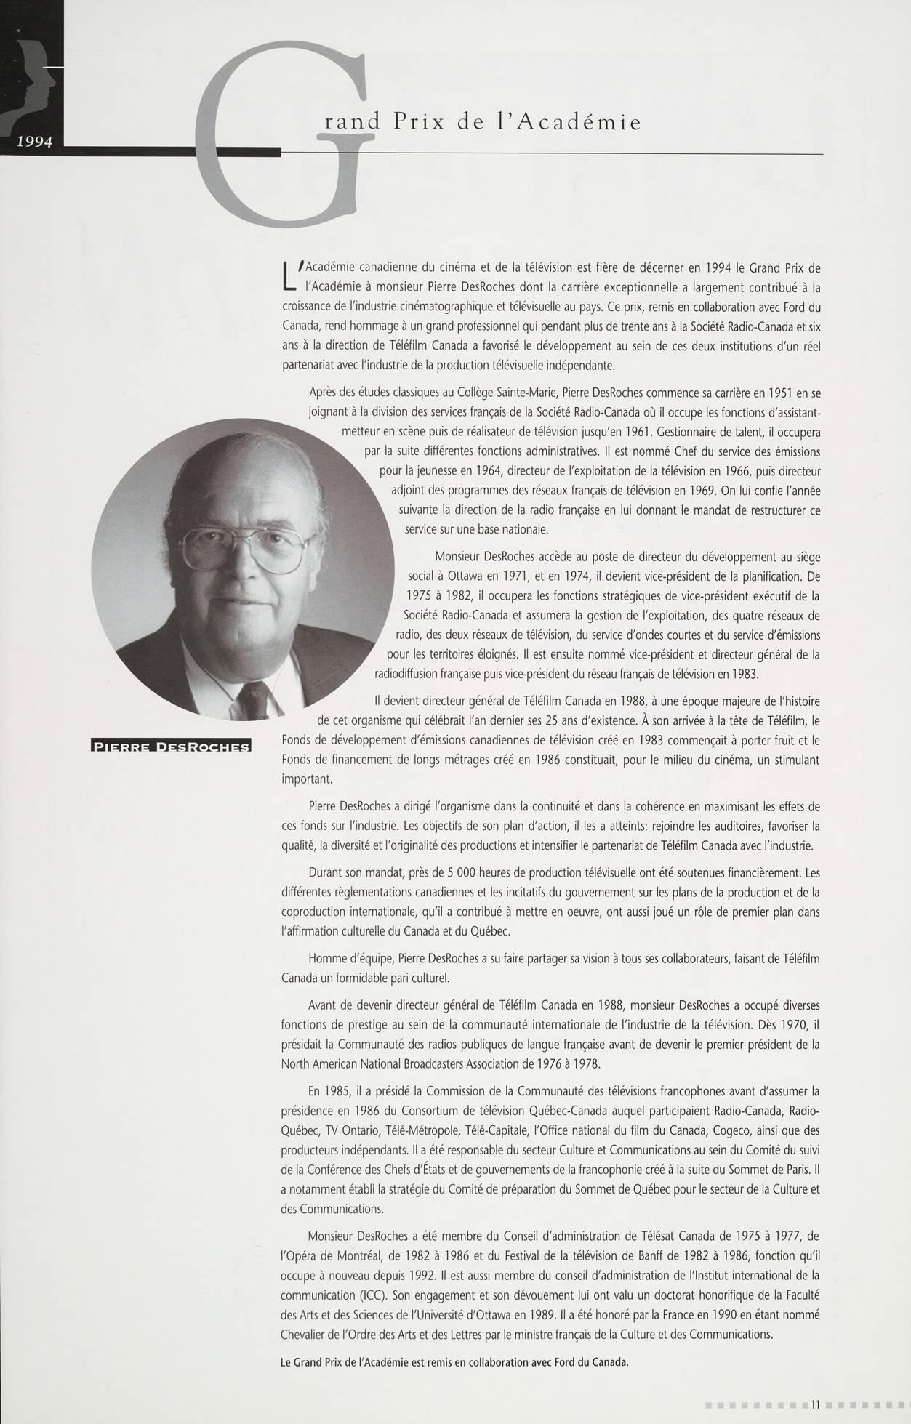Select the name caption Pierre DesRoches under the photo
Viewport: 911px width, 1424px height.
169,747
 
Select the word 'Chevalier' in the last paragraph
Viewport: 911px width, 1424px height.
305,1335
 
